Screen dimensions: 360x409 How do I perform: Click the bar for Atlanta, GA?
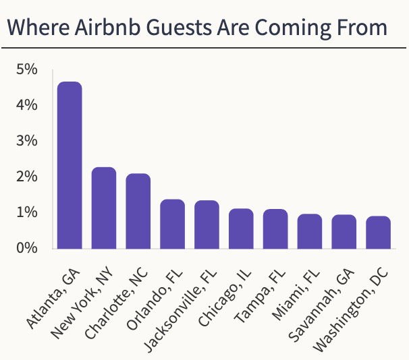point(70,165)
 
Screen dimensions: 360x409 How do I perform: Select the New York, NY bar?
point(104,208)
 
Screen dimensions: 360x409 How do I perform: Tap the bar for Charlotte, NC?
point(138,211)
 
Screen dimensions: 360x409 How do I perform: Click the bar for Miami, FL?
point(310,231)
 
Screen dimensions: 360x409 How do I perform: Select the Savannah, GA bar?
point(344,232)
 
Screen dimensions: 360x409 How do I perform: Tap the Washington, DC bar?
point(378,233)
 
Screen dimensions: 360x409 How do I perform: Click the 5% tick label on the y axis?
point(27,69)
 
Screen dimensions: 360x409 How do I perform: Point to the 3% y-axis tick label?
point(27,141)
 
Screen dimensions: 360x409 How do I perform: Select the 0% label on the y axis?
point(27,248)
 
